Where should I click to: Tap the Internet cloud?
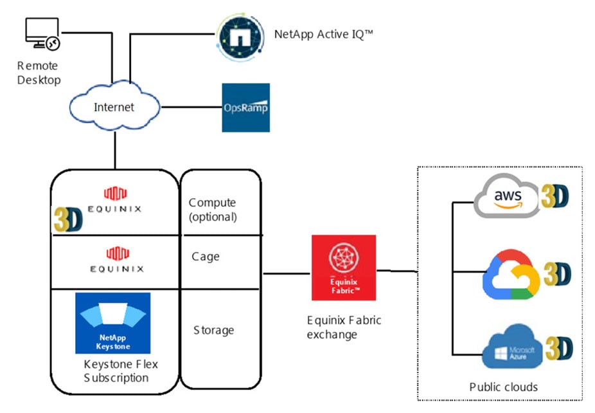pos(114,107)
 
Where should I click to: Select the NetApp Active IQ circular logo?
pos(240,37)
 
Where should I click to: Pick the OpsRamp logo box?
pos(245,107)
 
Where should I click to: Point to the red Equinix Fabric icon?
pos(343,267)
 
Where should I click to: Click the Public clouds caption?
pos(503,387)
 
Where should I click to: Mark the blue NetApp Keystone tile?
pos(112,323)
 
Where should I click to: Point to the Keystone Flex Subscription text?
pos(121,371)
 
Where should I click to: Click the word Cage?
pos(206,257)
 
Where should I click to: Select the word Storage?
pos(213,330)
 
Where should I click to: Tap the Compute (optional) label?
pos(213,210)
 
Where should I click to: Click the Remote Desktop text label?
pos(39,73)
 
